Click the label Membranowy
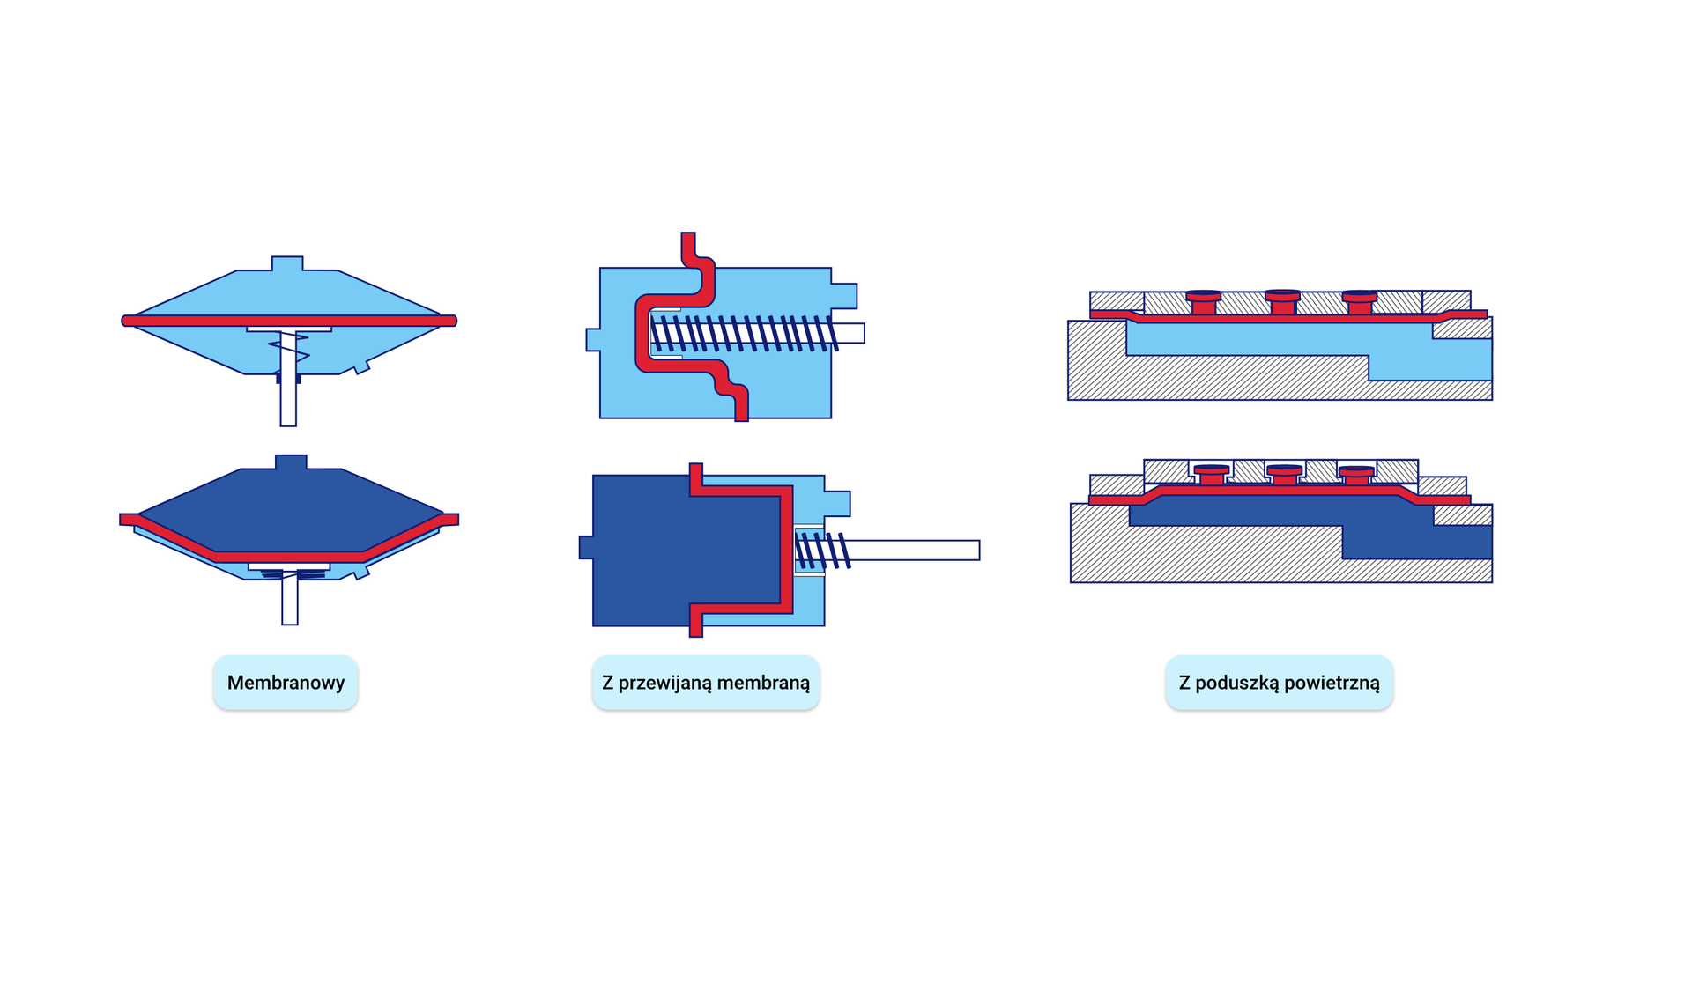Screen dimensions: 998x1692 286,683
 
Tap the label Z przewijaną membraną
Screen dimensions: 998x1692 706,683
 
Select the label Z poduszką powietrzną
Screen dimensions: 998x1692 1279,683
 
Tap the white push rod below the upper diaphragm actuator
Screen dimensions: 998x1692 288,401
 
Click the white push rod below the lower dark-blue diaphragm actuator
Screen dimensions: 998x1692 290,603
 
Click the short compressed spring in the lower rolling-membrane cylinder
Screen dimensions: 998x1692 822,551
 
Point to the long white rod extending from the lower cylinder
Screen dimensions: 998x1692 916,551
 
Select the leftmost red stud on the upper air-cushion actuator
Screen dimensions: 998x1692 1204,303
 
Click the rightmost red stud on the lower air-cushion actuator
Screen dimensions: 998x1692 1356,476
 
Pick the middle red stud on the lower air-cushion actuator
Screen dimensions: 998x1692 1284,476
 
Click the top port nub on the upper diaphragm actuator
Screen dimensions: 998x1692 287,263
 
